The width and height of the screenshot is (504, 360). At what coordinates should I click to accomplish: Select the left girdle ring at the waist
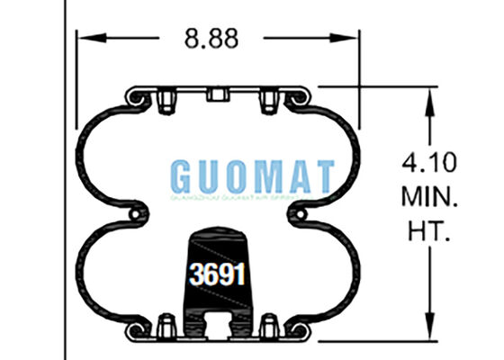[x=136, y=213]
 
